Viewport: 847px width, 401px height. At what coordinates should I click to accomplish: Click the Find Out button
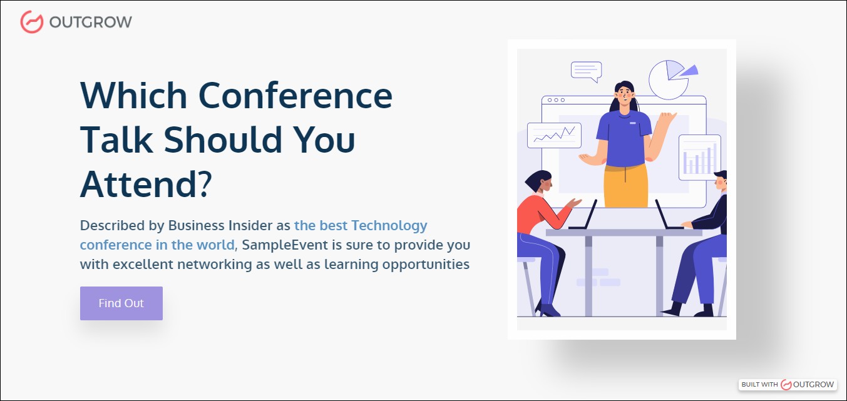pyautogui.click(x=121, y=303)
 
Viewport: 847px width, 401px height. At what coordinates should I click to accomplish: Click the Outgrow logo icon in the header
pyautogui.click(x=31, y=22)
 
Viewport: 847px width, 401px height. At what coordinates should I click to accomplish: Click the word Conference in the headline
pyautogui.click(x=295, y=96)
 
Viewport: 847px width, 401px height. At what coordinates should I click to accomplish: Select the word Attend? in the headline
pyautogui.click(x=146, y=185)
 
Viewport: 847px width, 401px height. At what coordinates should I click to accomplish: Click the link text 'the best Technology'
pyautogui.click(x=361, y=225)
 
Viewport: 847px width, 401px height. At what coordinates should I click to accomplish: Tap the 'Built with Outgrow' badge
pyautogui.click(x=788, y=384)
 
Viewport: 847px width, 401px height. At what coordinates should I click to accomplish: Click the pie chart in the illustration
pyautogui.click(x=669, y=79)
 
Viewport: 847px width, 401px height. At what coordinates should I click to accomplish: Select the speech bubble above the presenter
pyautogui.click(x=586, y=70)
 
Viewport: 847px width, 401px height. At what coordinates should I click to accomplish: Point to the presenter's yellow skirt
pyautogui.click(x=625, y=186)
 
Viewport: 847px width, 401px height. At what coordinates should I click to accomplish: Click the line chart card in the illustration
pyautogui.click(x=554, y=135)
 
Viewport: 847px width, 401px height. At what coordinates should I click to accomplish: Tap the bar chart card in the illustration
pyautogui.click(x=699, y=157)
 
